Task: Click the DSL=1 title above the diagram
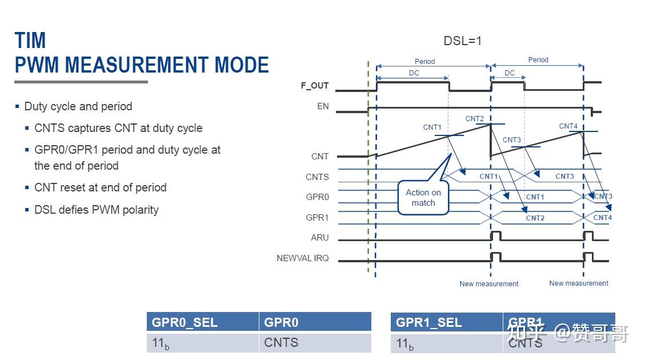coord(463,41)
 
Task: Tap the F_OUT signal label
coord(315,86)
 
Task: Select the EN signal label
coord(323,106)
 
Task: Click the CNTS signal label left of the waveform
coord(317,177)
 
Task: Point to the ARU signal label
coord(320,238)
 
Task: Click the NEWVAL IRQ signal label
coord(303,258)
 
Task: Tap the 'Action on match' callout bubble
coord(423,198)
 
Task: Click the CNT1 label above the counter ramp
coord(432,127)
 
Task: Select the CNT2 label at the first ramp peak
coord(474,119)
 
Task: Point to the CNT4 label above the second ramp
coord(568,126)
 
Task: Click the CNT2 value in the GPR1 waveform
coord(535,218)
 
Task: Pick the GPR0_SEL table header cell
coord(202,322)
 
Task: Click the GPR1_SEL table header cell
coord(446,322)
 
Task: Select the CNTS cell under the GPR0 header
coord(315,343)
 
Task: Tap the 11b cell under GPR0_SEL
coord(202,344)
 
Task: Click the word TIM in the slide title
coord(30,41)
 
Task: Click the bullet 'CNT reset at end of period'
coord(100,188)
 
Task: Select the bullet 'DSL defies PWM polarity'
coord(96,210)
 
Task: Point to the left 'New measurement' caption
coord(489,284)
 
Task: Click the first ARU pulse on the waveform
coord(496,236)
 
